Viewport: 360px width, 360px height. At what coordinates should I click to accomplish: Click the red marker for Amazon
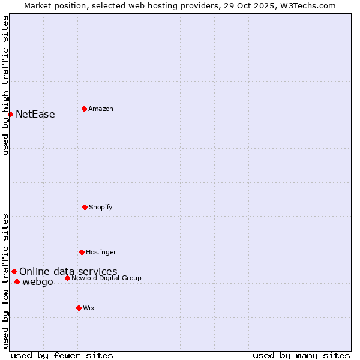[84, 109]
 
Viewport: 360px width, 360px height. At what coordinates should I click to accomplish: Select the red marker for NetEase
[10, 114]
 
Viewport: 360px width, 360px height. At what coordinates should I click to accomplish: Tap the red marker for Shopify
[85, 207]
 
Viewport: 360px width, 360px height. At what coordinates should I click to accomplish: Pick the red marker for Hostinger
[82, 252]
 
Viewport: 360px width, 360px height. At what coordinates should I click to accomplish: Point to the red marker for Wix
[79, 308]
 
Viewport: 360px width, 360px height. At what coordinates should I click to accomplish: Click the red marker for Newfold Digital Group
[67, 278]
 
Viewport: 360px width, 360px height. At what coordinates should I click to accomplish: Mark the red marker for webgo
[17, 282]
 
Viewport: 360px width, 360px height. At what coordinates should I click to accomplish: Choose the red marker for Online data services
[14, 271]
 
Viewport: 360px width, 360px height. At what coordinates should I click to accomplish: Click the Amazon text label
[101, 109]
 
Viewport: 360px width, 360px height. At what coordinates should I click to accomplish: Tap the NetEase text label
[35, 115]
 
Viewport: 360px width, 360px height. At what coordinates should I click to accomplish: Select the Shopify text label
[101, 207]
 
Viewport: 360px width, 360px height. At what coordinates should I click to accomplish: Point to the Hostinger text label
[101, 252]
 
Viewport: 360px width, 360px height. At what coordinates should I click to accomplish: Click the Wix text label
[89, 308]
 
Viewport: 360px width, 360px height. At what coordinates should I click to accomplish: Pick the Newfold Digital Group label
[107, 278]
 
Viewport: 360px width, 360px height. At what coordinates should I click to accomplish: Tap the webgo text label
[38, 282]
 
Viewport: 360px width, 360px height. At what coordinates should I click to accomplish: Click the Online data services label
[68, 272]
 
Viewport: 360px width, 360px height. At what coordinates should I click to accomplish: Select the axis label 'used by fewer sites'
[62, 355]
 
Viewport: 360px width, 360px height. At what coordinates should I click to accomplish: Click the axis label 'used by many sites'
[301, 355]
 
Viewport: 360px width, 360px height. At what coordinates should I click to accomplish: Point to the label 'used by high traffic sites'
[5, 85]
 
